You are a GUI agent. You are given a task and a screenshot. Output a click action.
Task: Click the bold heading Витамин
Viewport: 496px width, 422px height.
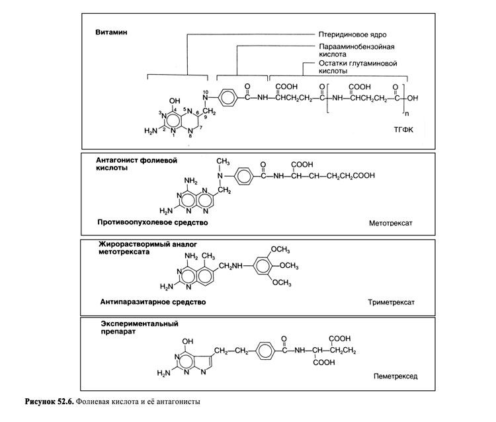point(110,32)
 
